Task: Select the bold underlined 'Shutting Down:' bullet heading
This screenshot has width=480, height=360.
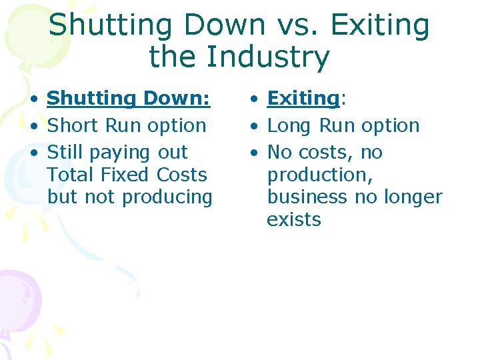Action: pyautogui.click(x=129, y=98)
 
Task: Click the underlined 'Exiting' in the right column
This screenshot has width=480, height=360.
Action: pyautogui.click(x=303, y=98)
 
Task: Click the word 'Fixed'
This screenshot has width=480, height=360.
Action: pyautogui.click(x=127, y=175)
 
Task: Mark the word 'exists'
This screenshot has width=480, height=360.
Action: pyautogui.click(x=293, y=220)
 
